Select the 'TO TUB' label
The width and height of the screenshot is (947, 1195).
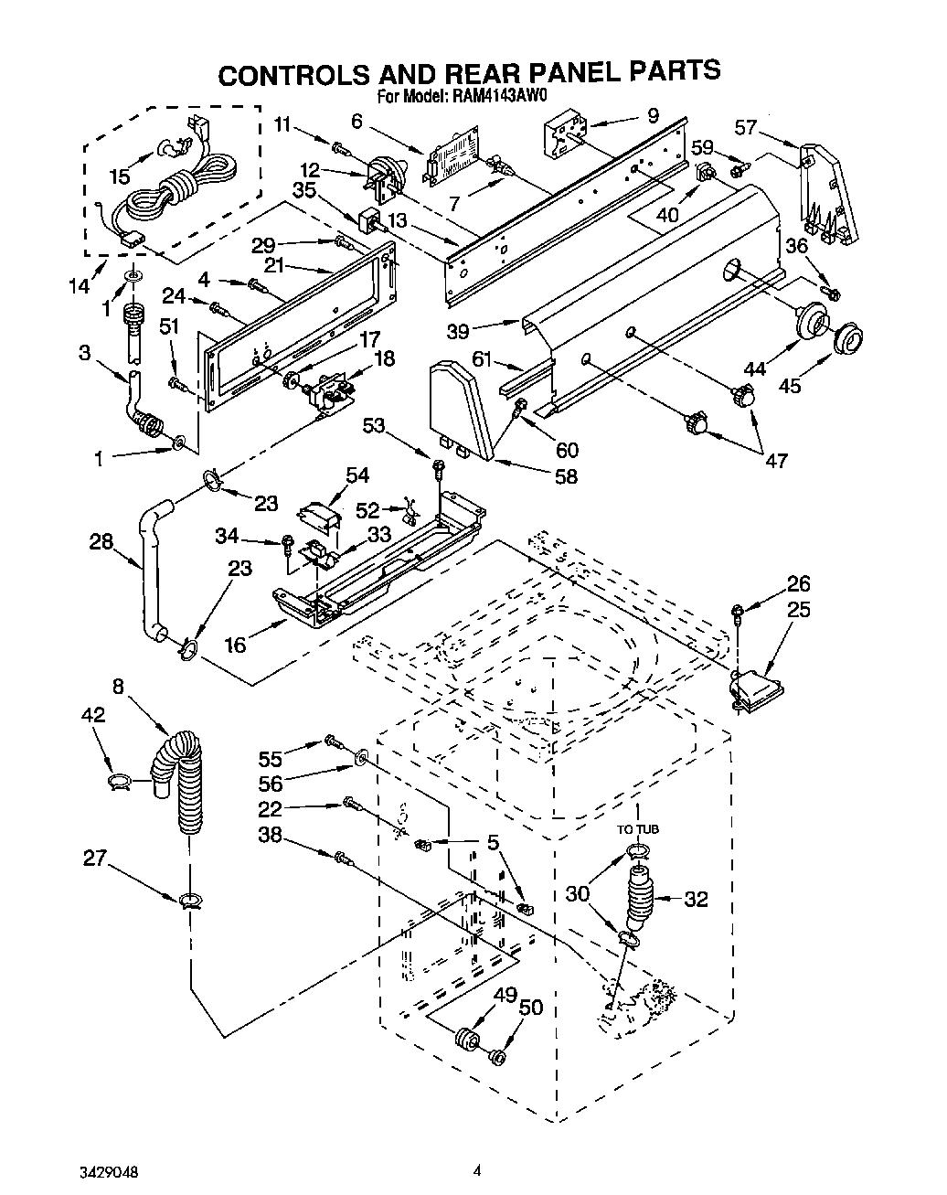pos(637,828)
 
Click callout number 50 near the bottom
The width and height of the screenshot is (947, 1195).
pos(530,1007)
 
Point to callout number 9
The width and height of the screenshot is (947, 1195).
pos(653,115)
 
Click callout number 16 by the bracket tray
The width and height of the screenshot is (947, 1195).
pos(236,645)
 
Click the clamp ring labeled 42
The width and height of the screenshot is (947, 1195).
pos(119,779)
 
